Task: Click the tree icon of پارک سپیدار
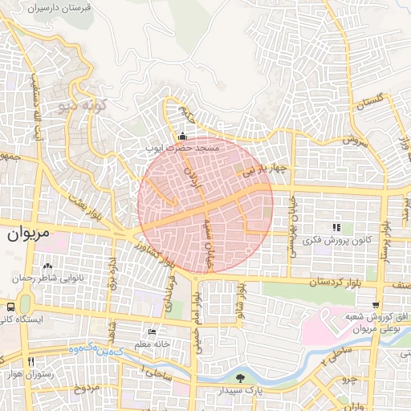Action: coord(238,378)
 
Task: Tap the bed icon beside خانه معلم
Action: coord(153,332)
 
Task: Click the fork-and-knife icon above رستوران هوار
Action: coord(31,362)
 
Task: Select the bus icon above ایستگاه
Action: coord(10,307)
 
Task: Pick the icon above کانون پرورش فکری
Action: coord(336,228)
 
